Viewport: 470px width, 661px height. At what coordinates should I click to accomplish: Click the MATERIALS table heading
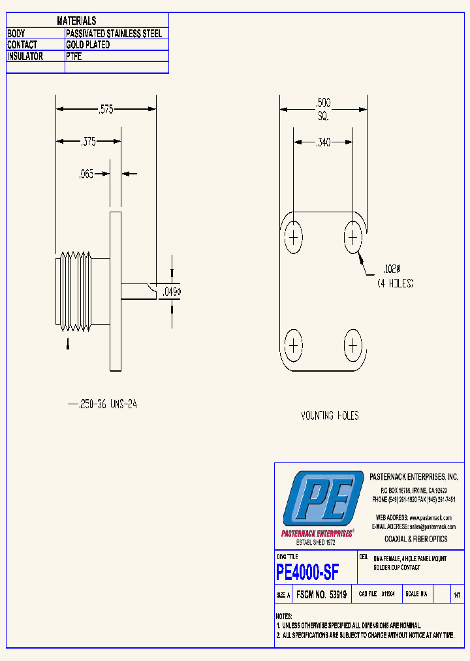[76, 21]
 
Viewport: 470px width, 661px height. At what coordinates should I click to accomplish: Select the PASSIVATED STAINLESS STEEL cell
[114, 33]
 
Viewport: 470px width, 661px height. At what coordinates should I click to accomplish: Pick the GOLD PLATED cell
[88, 45]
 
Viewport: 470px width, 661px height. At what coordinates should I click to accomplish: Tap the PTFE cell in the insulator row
[74, 57]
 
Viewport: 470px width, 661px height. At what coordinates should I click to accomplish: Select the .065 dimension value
[86, 174]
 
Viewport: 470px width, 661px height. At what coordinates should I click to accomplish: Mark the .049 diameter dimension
[171, 292]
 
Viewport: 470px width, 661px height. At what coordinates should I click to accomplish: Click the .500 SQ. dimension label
[323, 109]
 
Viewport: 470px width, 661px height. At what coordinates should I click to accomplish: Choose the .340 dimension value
[323, 141]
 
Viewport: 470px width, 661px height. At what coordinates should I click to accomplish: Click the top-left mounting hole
[293, 237]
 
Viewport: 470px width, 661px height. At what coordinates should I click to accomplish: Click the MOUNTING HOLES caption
[329, 415]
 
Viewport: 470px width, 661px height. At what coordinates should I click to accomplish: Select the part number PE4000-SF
[307, 573]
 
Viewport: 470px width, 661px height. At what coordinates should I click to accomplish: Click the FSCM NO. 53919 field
[321, 595]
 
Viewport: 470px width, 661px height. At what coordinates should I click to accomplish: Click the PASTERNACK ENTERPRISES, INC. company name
[413, 477]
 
